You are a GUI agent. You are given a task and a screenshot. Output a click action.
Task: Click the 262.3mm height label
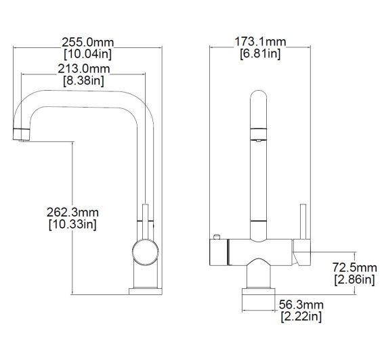pyautogui.click(x=72, y=211)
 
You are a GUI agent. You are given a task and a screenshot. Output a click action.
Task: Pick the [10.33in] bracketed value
pyautogui.click(x=72, y=223)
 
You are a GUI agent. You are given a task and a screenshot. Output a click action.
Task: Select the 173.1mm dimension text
pyautogui.click(x=260, y=42)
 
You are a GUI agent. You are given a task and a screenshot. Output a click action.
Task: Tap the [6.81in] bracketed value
pyautogui.click(x=260, y=53)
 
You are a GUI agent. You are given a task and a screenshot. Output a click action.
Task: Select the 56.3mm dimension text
pyautogui.click(x=301, y=305)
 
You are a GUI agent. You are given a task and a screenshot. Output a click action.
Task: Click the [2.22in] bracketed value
pyautogui.click(x=301, y=317)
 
